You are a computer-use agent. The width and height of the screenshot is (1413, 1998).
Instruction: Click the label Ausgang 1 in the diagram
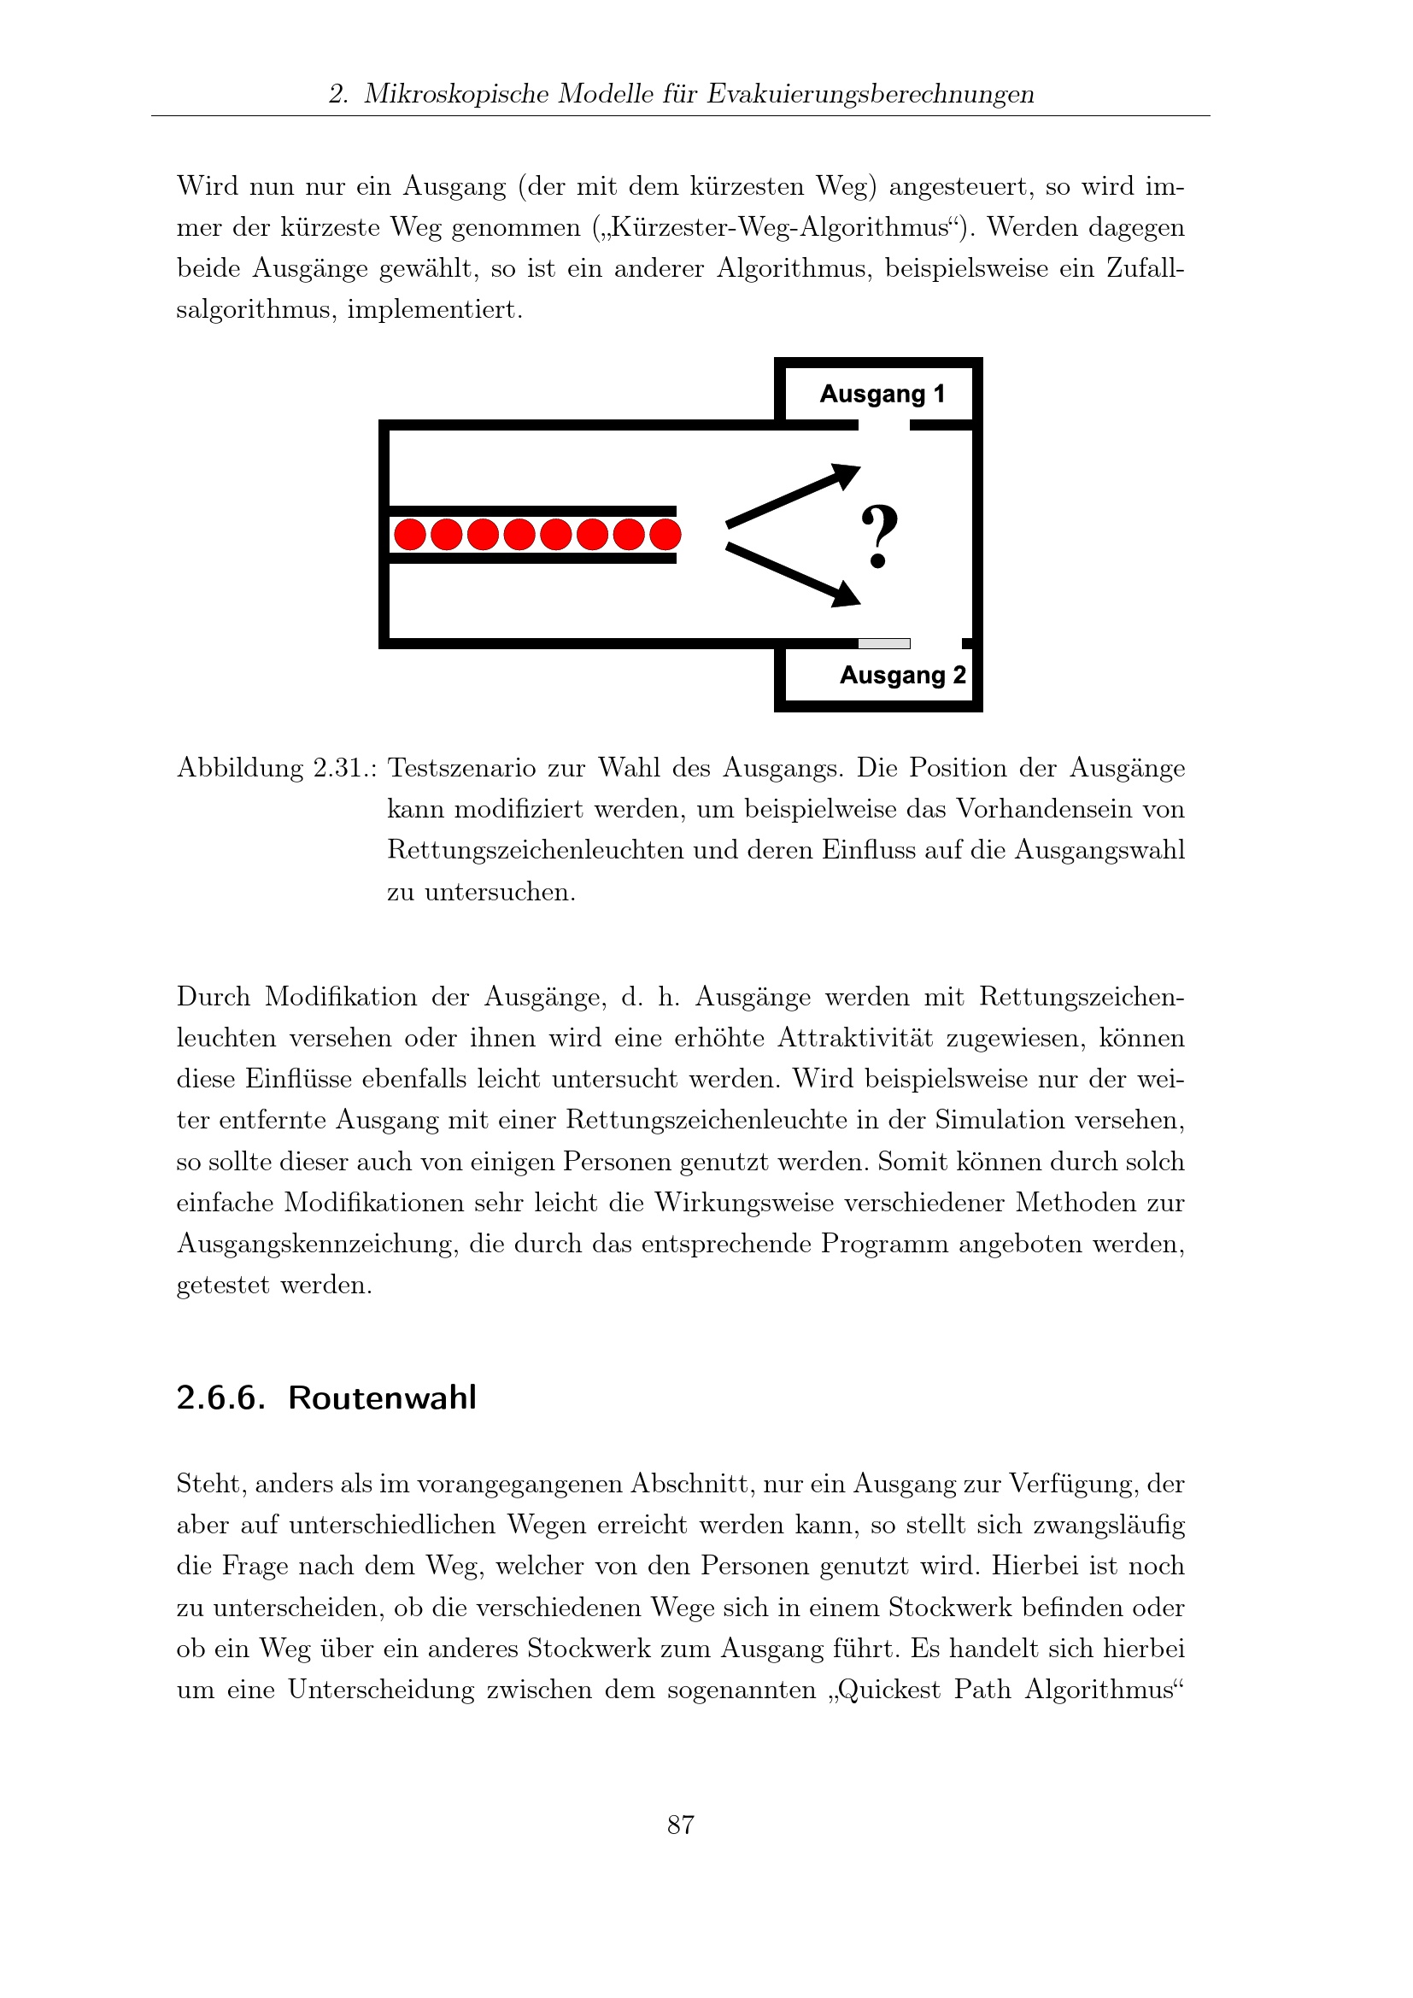[882, 394]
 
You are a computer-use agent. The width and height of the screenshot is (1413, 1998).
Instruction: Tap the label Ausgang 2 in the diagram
[902, 676]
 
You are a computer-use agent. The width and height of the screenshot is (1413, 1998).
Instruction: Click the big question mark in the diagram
[879, 536]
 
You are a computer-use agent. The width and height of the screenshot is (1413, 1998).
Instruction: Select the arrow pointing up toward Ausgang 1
[792, 497]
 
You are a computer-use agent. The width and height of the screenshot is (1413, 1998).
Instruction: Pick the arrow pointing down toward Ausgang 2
[792, 574]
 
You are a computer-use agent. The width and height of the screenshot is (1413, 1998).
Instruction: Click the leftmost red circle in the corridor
[410, 534]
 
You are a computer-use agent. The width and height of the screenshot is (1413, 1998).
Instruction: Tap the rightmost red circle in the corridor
[665, 534]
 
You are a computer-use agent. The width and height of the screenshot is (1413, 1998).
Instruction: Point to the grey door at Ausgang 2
[884, 644]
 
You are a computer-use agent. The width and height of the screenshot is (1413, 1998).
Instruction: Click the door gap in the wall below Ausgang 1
[884, 425]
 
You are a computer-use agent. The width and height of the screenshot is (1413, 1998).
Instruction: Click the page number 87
[680, 1825]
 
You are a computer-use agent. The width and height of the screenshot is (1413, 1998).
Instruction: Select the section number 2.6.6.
[220, 1398]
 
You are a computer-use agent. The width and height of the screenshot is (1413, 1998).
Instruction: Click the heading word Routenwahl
[382, 1398]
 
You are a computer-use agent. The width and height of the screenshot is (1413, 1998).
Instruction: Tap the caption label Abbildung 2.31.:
[277, 769]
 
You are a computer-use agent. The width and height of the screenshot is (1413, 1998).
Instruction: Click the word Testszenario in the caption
[461, 769]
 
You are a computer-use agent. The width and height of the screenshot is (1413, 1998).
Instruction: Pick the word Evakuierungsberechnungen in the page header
[870, 94]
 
